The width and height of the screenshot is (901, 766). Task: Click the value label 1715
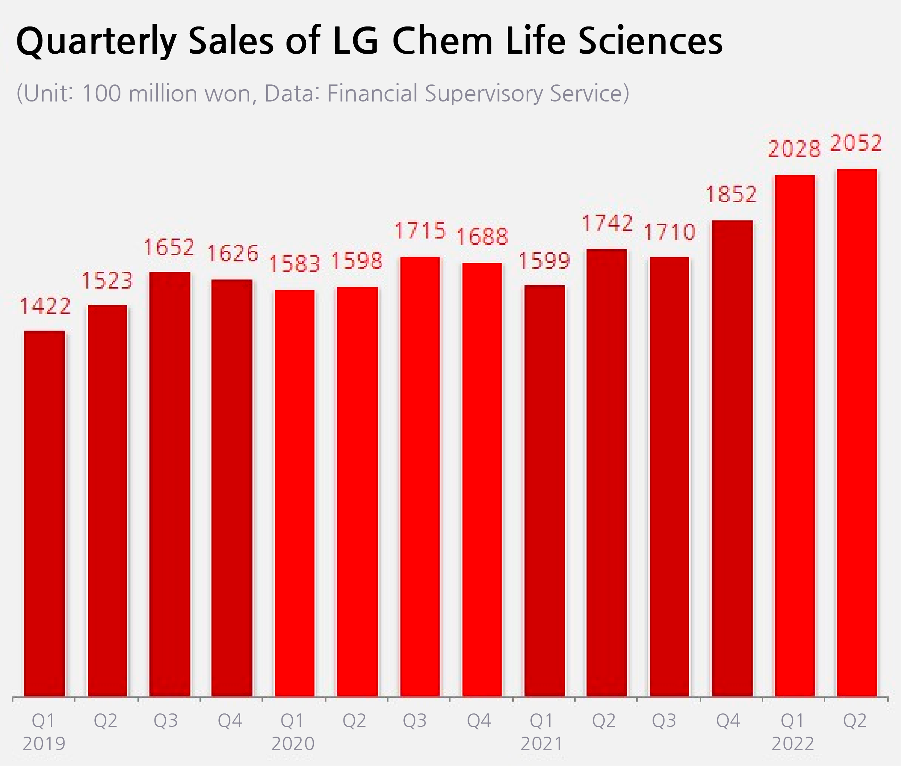[420, 231]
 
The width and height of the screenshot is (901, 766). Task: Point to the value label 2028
[794, 149]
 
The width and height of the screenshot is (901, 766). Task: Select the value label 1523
[107, 281]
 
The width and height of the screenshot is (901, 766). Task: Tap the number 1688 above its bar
[482, 237]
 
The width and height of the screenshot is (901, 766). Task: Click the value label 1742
[607, 223]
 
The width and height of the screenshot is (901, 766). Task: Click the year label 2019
[44, 744]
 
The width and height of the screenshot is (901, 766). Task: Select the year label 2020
[293, 744]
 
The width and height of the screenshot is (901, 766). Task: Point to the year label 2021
[542, 744]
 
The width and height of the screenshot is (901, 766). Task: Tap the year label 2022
[793, 744]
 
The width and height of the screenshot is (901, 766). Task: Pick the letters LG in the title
[355, 41]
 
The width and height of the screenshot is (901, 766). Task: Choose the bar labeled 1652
[170, 484]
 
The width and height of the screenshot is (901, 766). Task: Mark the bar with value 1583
[295, 493]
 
